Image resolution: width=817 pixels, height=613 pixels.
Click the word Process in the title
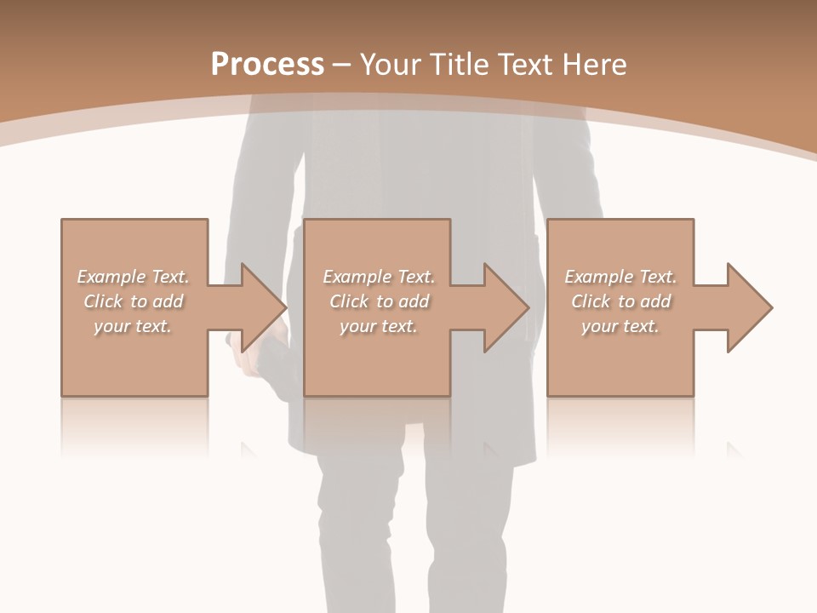(x=267, y=65)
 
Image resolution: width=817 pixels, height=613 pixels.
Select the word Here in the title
(x=593, y=65)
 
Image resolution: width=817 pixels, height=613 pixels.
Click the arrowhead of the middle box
(x=506, y=307)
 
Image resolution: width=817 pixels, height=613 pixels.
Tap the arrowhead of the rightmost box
(x=749, y=307)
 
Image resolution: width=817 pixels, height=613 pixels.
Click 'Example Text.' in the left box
(x=133, y=277)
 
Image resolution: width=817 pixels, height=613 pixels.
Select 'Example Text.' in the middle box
(x=379, y=277)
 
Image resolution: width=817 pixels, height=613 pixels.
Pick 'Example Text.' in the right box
(x=620, y=277)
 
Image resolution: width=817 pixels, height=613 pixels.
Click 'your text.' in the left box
(x=133, y=326)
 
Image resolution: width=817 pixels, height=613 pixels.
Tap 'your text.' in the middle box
(x=379, y=326)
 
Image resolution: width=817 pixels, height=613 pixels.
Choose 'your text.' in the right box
(x=620, y=326)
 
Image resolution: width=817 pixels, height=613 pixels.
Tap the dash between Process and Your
(x=341, y=66)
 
